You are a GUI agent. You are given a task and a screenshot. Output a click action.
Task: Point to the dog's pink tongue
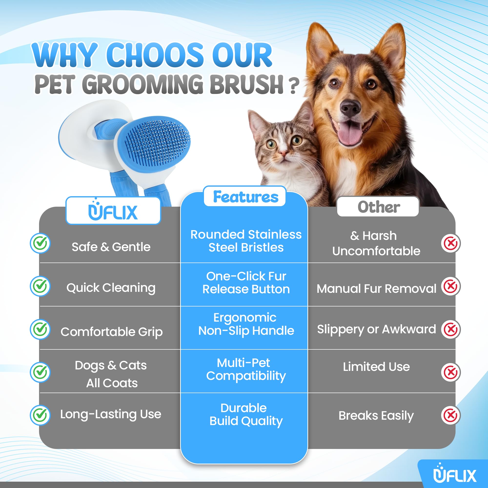coord(350,132)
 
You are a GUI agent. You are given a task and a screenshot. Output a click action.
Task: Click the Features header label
coord(245,197)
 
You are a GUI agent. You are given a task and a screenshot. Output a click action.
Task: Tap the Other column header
coord(378,207)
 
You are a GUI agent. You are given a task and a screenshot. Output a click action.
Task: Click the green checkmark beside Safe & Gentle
coord(41,243)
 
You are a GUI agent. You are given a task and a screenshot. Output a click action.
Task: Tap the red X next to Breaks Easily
coord(451,415)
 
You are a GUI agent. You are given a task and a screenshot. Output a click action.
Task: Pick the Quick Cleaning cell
coord(111,288)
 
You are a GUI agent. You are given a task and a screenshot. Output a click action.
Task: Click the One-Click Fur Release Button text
coord(246,283)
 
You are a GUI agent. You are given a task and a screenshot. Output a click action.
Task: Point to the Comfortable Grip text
coord(112,332)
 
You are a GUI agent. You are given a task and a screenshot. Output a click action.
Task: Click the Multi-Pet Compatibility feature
coord(246,369)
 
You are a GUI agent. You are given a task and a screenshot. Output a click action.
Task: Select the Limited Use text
coord(376,366)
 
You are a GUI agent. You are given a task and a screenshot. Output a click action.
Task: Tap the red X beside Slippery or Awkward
coord(451,329)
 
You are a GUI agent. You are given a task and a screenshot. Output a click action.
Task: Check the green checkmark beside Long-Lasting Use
coord(41,415)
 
